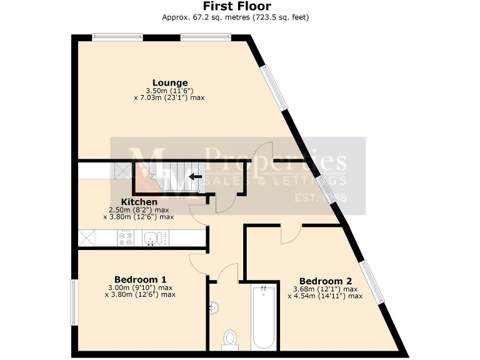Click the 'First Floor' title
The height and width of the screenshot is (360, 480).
click(x=241, y=7)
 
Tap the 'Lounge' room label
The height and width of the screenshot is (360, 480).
click(x=170, y=82)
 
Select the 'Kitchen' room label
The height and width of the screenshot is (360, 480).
click(x=139, y=202)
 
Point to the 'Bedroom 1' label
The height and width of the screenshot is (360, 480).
click(x=140, y=279)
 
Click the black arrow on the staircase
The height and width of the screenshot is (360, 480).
click(x=196, y=177)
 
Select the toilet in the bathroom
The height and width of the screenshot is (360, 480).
click(x=230, y=338)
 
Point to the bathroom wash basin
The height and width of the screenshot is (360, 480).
click(x=213, y=308)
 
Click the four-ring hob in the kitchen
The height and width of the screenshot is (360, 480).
click(x=125, y=238)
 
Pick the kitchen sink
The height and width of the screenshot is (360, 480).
click(x=152, y=238)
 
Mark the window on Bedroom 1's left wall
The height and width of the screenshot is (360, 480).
click(x=74, y=302)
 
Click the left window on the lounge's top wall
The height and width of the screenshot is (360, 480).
click(x=117, y=37)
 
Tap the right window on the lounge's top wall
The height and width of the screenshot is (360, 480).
click(x=206, y=37)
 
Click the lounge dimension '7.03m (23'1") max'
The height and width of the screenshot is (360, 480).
click(x=169, y=97)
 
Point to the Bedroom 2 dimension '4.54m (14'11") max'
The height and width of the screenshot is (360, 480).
click(x=325, y=296)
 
